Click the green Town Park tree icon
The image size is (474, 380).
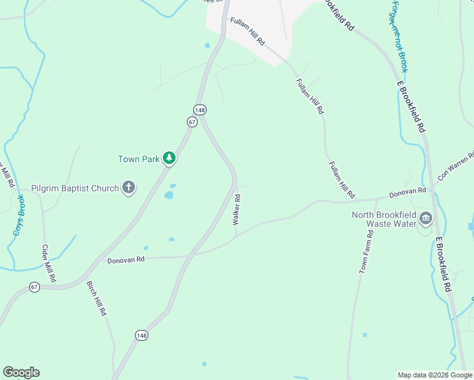tap(169, 158)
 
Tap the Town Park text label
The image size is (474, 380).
tap(138, 159)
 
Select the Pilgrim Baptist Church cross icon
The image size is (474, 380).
tap(129, 187)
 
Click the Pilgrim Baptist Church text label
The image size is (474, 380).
tap(75, 188)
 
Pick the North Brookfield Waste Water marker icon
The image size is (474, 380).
tap(425, 219)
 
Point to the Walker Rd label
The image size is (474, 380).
tap(236, 210)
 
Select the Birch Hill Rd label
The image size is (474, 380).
tap(96, 299)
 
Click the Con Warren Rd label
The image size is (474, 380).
tap(456, 166)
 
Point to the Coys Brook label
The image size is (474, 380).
tap(18, 215)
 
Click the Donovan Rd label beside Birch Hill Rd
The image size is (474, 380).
tap(126, 260)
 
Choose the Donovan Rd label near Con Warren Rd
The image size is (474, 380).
tap(407, 191)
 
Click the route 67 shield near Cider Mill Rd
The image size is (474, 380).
tap(35, 287)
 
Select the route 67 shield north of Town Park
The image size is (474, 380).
tap(193, 122)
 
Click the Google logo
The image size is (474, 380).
tap(21, 372)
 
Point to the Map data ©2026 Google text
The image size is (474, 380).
tap(434, 375)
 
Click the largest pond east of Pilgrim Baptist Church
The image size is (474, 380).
tap(169, 195)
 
